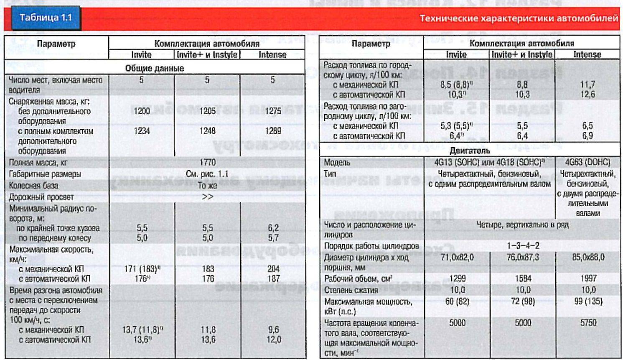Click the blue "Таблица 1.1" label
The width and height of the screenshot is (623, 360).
tap(46, 18)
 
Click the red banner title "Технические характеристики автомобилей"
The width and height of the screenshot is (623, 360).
tap(519, 18)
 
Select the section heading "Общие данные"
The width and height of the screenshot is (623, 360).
tap(155, 68)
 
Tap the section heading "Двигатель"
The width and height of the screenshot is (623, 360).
tap(470, 151)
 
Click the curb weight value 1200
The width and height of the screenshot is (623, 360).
tap(142, 111)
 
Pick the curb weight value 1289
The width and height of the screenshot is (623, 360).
tap(273, 131)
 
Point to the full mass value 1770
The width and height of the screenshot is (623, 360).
tap(207, 162)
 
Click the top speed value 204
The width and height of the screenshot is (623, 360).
tap(273, 269)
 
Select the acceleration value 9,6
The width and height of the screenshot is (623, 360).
tap(273, 329)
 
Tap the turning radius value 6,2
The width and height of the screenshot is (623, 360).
tap(273, 228)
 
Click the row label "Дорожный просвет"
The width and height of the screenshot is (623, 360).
tap(41, 197)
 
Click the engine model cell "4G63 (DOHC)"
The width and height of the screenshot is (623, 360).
tap(587, 162)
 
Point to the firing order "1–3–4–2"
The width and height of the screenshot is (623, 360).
tap(522, 245)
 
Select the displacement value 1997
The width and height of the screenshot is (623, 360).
tap(588, 278)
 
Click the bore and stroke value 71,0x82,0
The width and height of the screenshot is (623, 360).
tap(457, 257)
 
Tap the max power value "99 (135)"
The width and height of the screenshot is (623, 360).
tap(588, 301)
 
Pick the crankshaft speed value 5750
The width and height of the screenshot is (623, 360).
tap(588, 323)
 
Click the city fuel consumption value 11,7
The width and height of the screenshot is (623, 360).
tap(587, 84)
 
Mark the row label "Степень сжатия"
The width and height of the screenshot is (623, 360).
tap(351, 290)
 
